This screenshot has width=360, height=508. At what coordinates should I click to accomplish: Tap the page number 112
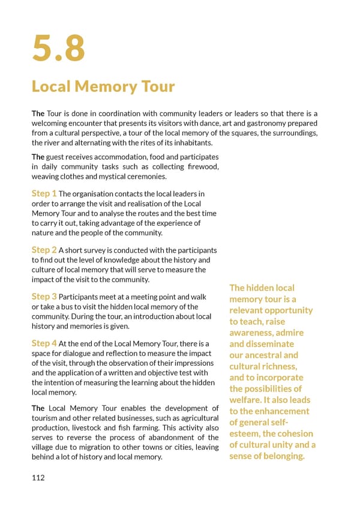pyautogui.click(x=38, y=478)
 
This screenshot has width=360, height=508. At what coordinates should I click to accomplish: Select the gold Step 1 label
pyautogui.click(x=44, y=193)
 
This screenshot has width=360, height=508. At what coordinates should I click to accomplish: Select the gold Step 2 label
pyautogui.click(x=44, y=249)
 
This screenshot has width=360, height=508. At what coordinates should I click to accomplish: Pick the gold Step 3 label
pyautogui.click(x=44, y=296)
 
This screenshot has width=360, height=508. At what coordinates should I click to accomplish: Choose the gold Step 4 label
pyautogui.click(x=44, y=343)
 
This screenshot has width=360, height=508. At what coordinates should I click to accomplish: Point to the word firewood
pyautogui.click(x=201, y=166)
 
